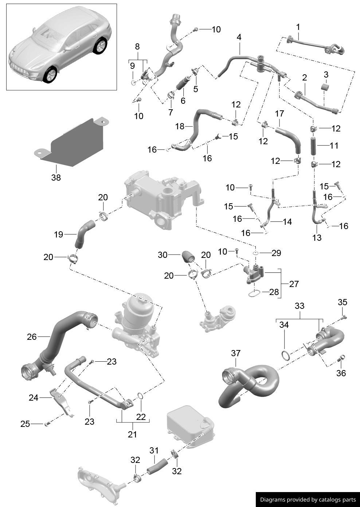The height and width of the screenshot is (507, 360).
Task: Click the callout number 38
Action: tap(56, 178)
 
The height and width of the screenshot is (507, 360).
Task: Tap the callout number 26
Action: tap(32, 337)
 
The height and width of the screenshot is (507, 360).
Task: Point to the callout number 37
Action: tap(236, 353)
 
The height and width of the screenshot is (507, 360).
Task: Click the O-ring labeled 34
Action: tap(286, 355)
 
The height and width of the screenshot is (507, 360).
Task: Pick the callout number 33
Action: tap(299, 306)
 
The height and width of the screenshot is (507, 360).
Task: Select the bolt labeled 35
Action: tap(343, 317)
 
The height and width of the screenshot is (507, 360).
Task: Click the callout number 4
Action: tap(239, 37)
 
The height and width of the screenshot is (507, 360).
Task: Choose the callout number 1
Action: tap(298, 27)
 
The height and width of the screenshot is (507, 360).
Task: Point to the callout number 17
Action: tap(279, 114)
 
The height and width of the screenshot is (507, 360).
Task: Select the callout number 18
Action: tap(180, 126)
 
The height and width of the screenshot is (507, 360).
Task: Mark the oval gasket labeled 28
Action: tap(254, 292)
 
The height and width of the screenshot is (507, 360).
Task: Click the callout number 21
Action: tap(132, 434)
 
